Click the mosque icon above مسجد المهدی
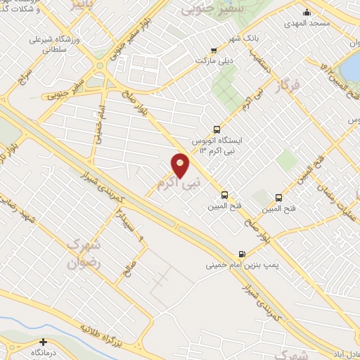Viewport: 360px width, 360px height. coord(307,12)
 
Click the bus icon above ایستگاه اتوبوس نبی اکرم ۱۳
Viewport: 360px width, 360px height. coord(216,129)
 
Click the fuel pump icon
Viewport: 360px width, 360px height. coord(242,254)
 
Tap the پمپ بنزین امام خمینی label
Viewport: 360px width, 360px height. coord(234,266)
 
